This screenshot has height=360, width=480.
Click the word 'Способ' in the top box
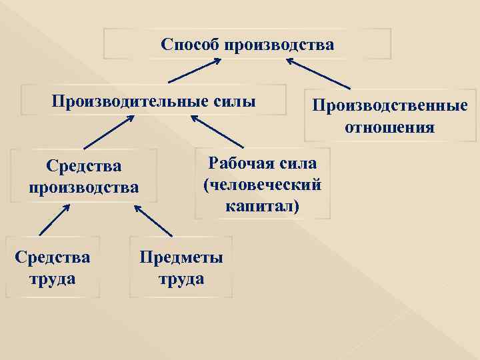[191, 45]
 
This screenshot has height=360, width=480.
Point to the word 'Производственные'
[390, 106]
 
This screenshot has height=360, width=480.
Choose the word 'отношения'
[390, 127]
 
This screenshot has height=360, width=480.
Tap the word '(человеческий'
[263, 185]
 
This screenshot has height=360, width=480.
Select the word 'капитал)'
[263, 206]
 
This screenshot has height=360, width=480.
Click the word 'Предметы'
[181, 257]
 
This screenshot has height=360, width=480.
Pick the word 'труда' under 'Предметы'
[181, 278]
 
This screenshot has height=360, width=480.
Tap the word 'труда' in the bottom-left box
[53, 277]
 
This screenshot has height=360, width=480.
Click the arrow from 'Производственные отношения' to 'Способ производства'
[318, 73]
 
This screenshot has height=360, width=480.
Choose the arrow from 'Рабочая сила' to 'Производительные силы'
[217, 131]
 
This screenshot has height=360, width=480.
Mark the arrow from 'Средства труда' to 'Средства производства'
[55, 219]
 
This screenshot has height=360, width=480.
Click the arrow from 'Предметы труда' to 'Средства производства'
[153, 220]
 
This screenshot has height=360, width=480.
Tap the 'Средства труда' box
[52, 267]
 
